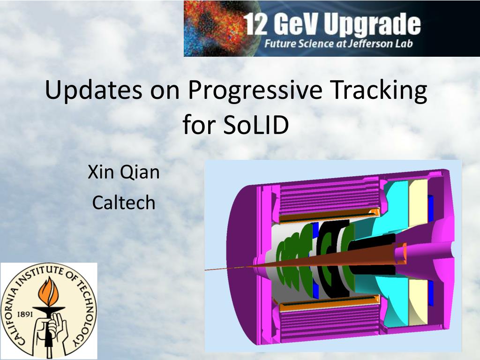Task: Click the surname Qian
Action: (140, 172)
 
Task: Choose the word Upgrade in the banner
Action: (372, 26)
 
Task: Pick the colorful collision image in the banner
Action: (211, 28)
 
